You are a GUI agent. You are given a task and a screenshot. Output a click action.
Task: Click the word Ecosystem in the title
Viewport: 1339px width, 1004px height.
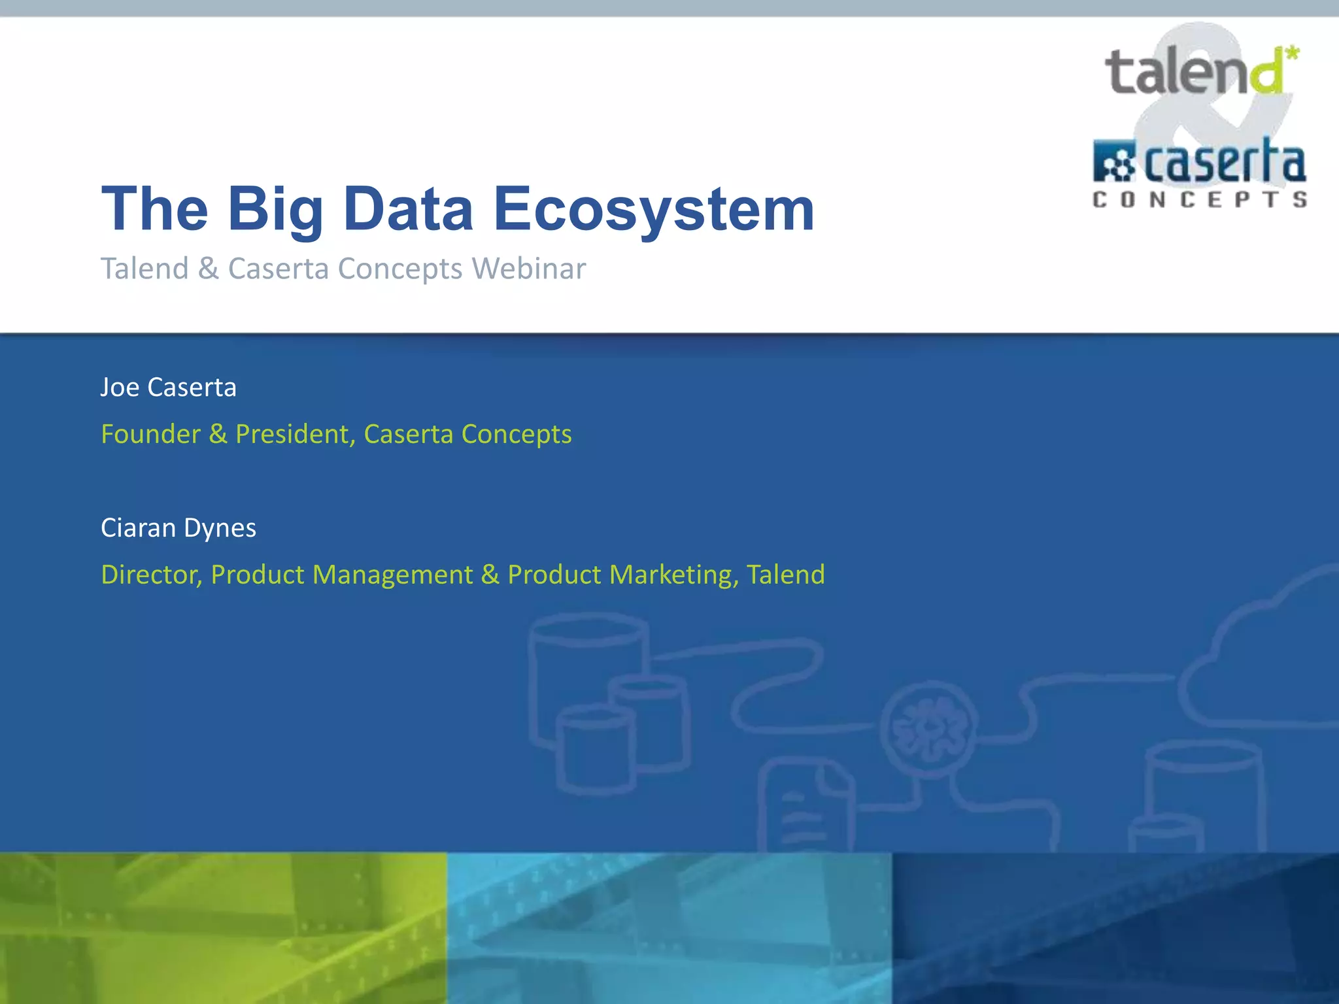[x=654, y=209]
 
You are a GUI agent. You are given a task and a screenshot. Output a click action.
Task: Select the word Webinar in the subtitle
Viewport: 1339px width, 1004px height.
[x=529, y=269]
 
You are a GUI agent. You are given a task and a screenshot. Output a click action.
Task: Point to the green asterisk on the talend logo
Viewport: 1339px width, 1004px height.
[x=1291, y=54]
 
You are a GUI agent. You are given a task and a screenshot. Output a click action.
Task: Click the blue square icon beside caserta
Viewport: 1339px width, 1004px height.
[x=1114, y=161]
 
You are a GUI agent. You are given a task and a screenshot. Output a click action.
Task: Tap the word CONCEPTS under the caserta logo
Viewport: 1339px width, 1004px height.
[x=1200, y=199]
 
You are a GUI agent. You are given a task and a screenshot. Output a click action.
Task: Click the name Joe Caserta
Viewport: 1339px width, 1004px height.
[x=168, y=388]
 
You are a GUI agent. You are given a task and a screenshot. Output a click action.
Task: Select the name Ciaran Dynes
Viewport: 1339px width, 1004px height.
[x=178, y=528]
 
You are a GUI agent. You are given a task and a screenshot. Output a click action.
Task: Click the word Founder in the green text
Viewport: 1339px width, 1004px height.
[x=150, y=434]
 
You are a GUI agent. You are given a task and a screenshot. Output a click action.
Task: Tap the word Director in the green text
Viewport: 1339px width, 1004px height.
[x=151, y=575]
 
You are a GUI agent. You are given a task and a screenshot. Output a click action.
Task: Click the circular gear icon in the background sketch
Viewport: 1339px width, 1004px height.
[x=929, y=726]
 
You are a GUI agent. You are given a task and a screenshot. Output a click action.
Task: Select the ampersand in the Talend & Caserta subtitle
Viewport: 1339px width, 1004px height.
[x=209, y=269]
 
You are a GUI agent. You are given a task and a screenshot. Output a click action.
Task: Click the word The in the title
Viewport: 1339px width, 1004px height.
[x=155, y=209]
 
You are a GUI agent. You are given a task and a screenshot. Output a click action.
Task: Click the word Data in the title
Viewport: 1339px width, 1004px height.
[x=408, y=209]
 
